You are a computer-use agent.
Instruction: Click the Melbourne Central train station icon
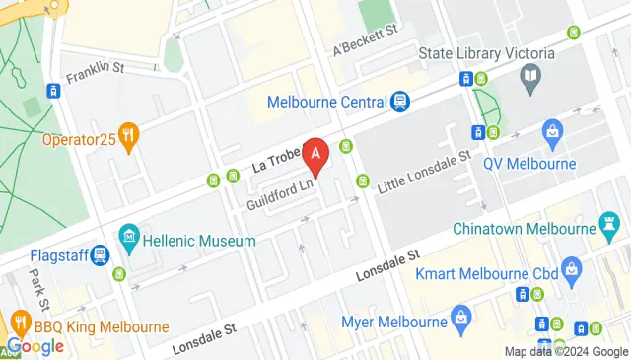399,101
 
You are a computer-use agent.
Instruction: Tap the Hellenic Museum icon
127,238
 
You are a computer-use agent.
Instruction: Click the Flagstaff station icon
100,255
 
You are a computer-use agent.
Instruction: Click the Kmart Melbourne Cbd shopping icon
569,269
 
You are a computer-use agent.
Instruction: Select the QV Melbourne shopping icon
553,131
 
